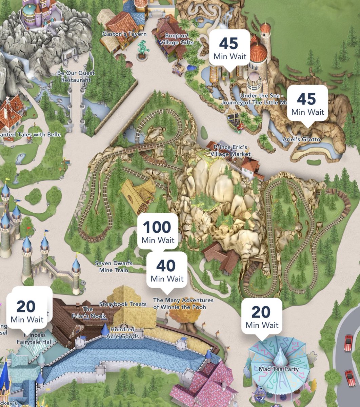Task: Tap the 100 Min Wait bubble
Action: (x=158, y=232)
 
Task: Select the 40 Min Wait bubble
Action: (x=167, y=270)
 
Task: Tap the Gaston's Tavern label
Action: (x=124, y=34)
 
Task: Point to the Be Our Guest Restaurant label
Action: (x=76, y=76)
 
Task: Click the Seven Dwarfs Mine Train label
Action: (x=114, y=267)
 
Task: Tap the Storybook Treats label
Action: (x=123, y=304)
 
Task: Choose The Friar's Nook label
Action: (x=89, y=313)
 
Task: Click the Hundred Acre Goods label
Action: (x=122, y=333)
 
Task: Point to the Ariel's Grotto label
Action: (x=301, y=139)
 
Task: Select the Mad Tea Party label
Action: (x=279, y=369)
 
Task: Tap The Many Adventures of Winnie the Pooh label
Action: (x=183, y=304)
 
